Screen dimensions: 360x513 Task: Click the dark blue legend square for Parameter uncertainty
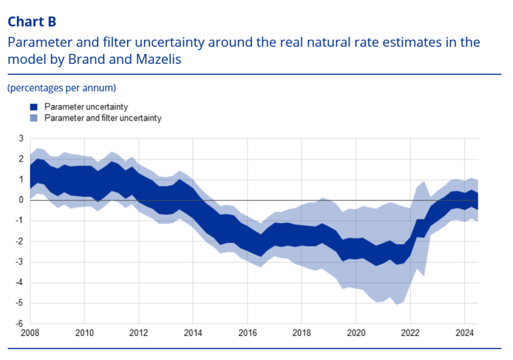pyautogui.click(x=34, y=107)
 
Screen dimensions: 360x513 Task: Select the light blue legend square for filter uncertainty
pyautogui.click(x=34, y=118)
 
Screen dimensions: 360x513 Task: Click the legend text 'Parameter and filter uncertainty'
pyautogui.click(x=103, y=118)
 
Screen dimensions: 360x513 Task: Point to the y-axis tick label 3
pyautogui.click(x=21, y=138)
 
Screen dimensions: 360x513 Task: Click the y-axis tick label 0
pyautogui.click(x=21, y=200)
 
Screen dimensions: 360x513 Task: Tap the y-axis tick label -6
pyautogui.click(x=19, y=323)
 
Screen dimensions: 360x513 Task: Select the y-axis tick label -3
pyautogui.click(x=19, y=262)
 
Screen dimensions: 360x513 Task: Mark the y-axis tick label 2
pyautogui.click(x=21, y=159)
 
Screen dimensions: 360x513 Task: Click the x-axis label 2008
pyautogui.click(x=31, y=332)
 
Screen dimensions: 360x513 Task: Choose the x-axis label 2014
pyautogui.click(x=193, y=332)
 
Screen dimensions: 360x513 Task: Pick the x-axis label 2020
pyautogui.click(x=355, y=332)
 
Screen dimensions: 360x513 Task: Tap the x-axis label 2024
pyautogui.click(x=464, y=332)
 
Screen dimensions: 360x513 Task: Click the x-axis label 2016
pyautogui.click(x=248, y=332)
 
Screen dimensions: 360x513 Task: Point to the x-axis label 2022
pyautogui.click(x=410, y=332)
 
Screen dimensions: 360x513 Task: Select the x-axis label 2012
pyautogui.click(x=139, y=332)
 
